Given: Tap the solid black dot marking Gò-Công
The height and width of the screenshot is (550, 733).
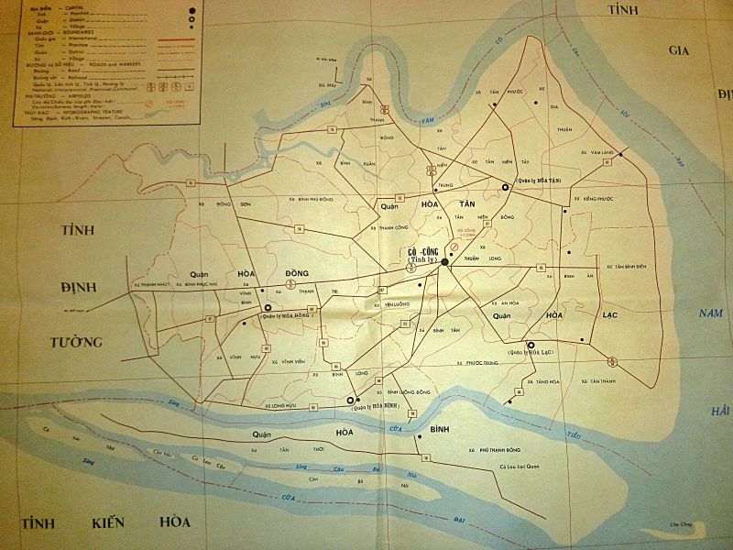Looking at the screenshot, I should click(445, 262).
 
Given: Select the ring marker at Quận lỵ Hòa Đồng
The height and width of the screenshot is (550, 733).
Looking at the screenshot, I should click(268, 309).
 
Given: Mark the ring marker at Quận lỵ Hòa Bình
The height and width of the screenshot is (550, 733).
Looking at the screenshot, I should click(348, 401).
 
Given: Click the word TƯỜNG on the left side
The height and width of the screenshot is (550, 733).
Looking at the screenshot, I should click(75, 342).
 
